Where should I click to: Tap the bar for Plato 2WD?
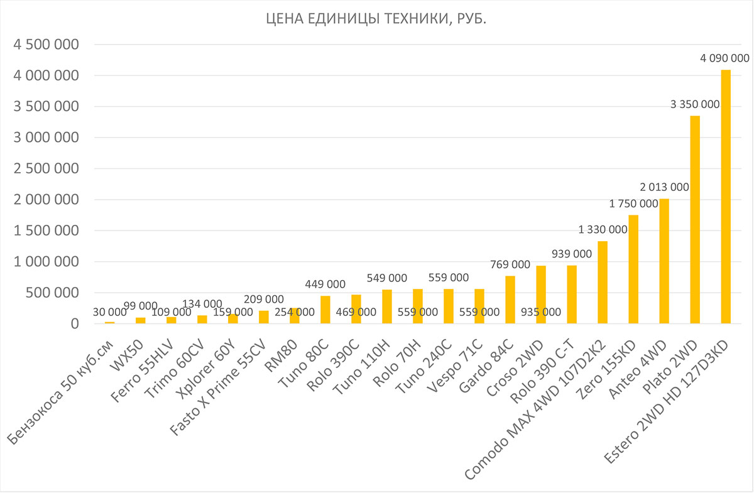pyautogui.click(x=695, y=220)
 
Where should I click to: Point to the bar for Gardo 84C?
pyautogui.click(x=510, y=300)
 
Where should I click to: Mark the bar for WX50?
pyautogui.click(x=141, y=320)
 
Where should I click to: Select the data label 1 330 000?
pyautogui.click(x=603, y=229)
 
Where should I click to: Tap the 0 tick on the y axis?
pyautogui.click(x=74, y=323)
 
